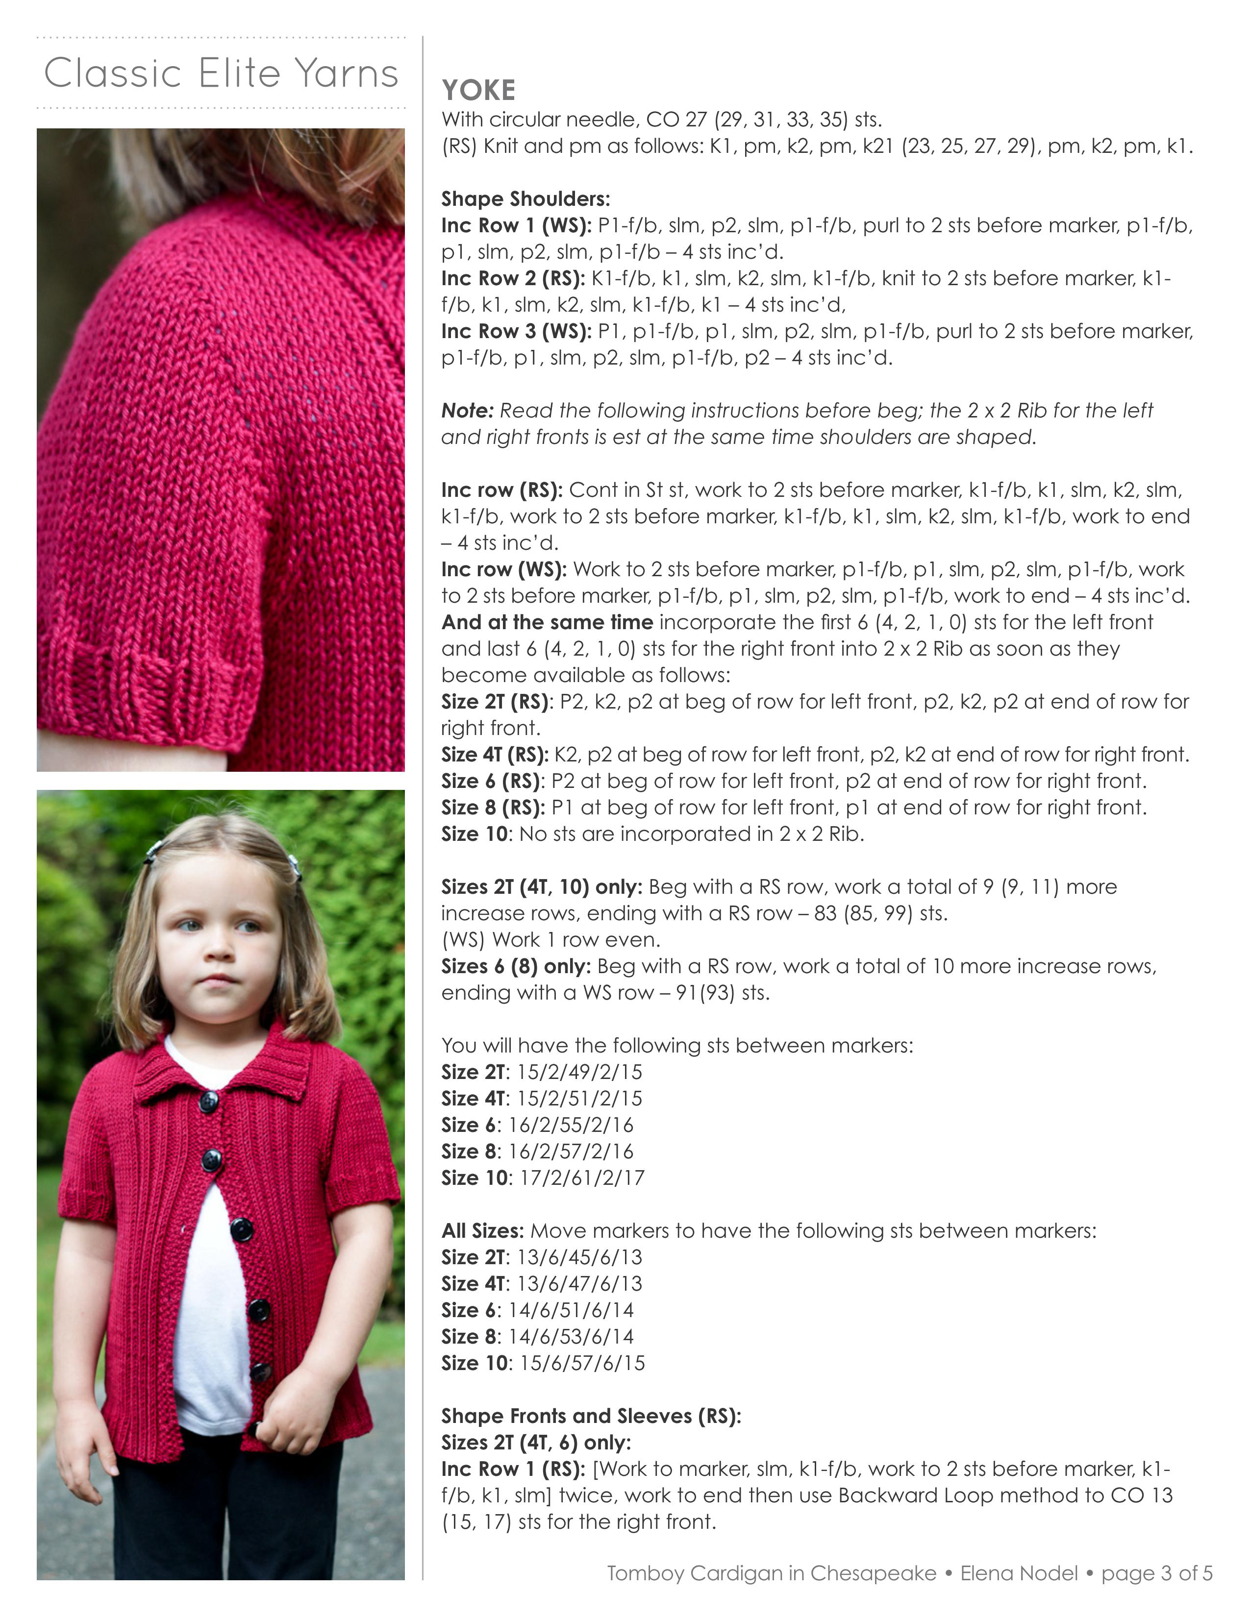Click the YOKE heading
478,90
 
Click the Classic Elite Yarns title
221,73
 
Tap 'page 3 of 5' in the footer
1157,1573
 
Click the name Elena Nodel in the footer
1019,1573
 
